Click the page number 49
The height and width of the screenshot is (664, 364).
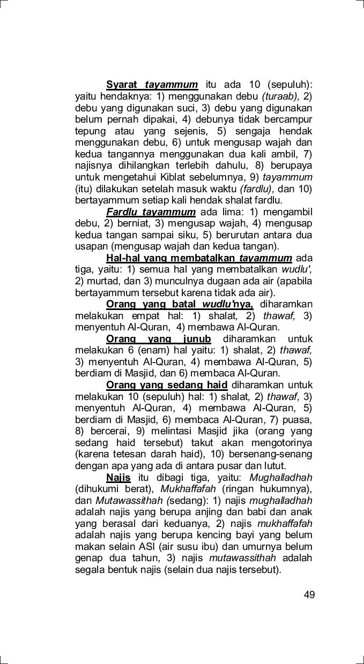(x=309, y=594)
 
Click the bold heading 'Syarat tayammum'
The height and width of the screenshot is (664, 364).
(x=152, y=85)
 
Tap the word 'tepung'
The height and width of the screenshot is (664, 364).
(x=90, y=131)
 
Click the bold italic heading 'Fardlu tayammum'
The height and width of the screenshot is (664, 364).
(x=151, y=212)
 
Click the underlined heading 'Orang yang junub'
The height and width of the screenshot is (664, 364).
(x=159, y=339)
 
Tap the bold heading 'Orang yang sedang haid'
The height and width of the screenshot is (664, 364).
(x=167, y=386)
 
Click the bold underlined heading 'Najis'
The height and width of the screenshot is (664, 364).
(x=118, y=478)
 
